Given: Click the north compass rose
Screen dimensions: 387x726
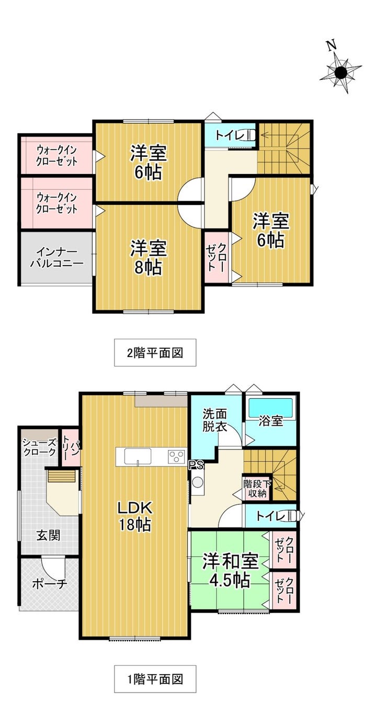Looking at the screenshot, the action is (340, 73).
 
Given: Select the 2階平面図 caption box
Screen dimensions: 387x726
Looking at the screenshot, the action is (155, 353).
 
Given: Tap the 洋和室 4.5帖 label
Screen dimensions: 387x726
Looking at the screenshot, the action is (231, 570).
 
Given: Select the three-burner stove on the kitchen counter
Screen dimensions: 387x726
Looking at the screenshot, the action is (176, 457).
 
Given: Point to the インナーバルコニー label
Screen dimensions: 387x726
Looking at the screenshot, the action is (57, 258).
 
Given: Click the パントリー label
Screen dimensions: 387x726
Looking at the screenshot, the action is (69, 449).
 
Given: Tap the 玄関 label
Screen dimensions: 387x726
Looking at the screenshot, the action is (48, 536).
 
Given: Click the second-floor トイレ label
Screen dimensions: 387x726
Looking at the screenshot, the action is (230, 135).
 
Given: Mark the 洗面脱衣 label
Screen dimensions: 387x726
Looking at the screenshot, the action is (214, 420).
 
